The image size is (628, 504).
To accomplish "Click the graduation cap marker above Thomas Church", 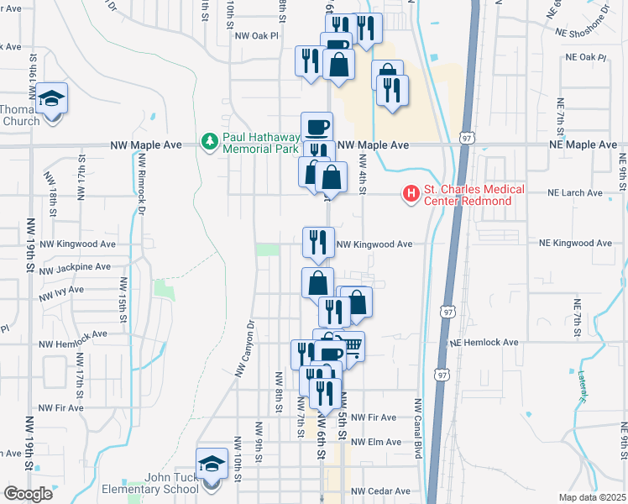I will click(x=52, y=99).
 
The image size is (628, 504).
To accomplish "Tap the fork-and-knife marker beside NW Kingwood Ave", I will click(x=318, y=243).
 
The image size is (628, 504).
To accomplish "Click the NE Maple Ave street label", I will click(x=585, y=145).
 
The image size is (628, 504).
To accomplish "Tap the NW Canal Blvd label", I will click(x=416, y=428).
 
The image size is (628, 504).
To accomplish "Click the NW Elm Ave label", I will click(x=374, y=442).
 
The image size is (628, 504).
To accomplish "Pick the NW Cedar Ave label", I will click(x=379, y=491).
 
